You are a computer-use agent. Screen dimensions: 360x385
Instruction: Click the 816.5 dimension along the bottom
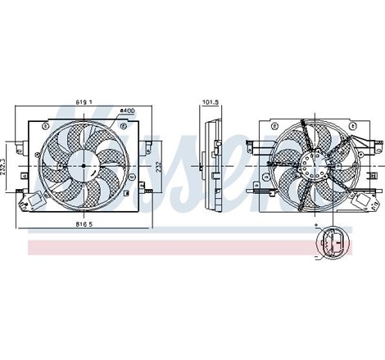[x=80, y=223]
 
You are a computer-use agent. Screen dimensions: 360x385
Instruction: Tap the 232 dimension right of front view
[x=158, y=166]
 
